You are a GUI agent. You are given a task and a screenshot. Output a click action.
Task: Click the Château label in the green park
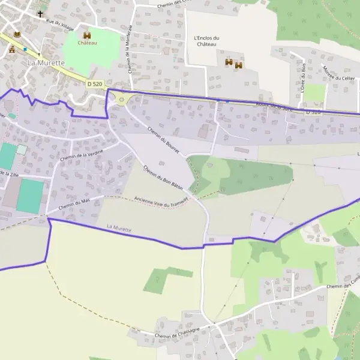point(87,43)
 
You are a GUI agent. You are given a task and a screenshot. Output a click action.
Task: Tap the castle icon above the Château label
point(87,35)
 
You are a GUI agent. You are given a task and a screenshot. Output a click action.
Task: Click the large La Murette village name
point(46,62)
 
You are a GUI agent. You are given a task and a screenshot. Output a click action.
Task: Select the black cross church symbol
point(41,13)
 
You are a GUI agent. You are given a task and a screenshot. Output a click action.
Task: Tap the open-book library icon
point(17,34)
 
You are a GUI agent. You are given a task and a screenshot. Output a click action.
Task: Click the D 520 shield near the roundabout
point(94,84)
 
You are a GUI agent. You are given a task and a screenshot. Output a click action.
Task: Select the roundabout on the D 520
point(123,100)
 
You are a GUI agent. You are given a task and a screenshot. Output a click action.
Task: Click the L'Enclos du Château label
point(207,41)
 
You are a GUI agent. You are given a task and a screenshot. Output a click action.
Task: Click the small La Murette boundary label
point(118,228)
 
